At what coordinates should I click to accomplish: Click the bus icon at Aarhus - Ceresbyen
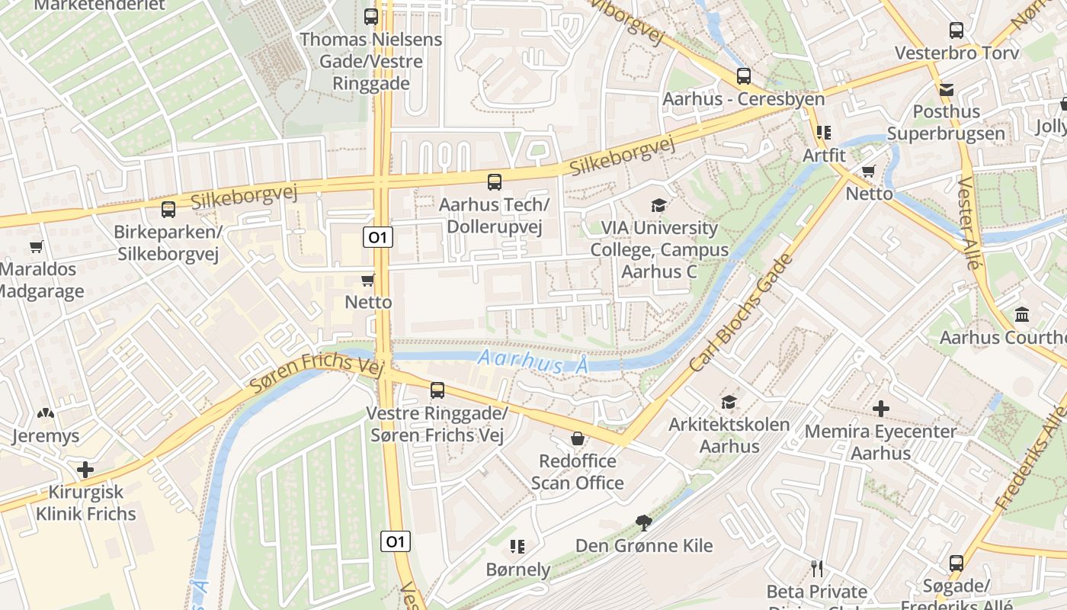pyautogui.click(x=744, y=76)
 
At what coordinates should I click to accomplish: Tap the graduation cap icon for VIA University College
pyautogui.click(x=658, y=205)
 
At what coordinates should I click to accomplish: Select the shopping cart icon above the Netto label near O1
pyautogui.click(x=368, y=280)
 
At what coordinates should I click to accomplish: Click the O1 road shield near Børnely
pyautogui.click(x=396, y=541)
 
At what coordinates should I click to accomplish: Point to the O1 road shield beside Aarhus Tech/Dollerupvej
pyautogui.click(x=377, y=237)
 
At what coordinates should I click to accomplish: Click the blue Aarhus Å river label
pyautogui.click(x=533, y=362)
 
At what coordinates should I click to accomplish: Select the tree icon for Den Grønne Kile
pyautogui.click(x=644, y=522)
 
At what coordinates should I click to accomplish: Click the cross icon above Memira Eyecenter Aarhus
pyautogui.click(x=881, y=409)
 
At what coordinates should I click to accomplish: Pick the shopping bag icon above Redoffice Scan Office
pyautogui.click(x=578, y=438)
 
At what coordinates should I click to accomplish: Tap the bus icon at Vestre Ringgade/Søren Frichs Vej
pyautogui.click(x=437, y=390)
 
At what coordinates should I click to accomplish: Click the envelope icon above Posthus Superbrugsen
pyautogui.click(x=947, y=89)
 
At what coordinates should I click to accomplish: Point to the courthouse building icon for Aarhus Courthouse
pyautogui.click(x=1021, y=314)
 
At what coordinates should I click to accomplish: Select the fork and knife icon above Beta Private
pyautogui.click(x=817, y=568)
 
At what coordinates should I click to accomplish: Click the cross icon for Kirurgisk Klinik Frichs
pyautogui.click(x=85, y=469)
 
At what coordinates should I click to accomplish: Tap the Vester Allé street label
pyautogui.click(x=968, y=223)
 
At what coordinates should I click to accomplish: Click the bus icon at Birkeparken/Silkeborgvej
pyautogui.click(x=168, y=208)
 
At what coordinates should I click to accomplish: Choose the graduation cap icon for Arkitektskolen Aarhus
pyautogui.click(x=729, y=402)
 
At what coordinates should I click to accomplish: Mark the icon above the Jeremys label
pyautogui.click(x=46, y=413)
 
